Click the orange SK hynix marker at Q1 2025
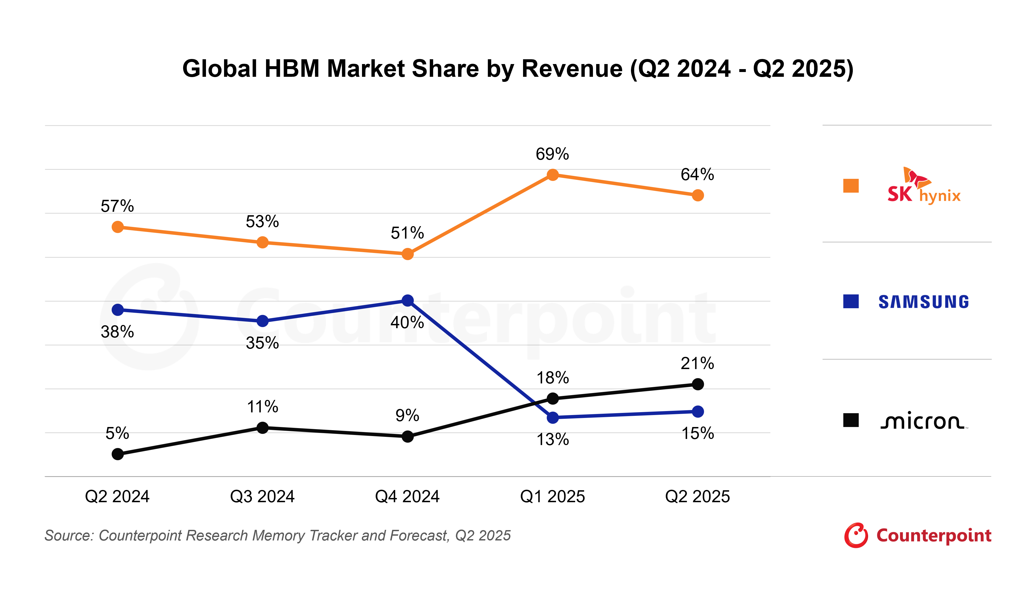pos(552,175)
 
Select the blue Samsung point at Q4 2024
pos(407,301)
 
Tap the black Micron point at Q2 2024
pos(117,454)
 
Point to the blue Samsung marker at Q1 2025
pos(552,417)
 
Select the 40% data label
pos(407,323)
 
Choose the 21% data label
pos(697,363)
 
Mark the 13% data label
pos(552,440)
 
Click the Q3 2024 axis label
pos(262,497)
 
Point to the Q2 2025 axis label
pos(697,497)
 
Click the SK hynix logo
pos(923,186)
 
